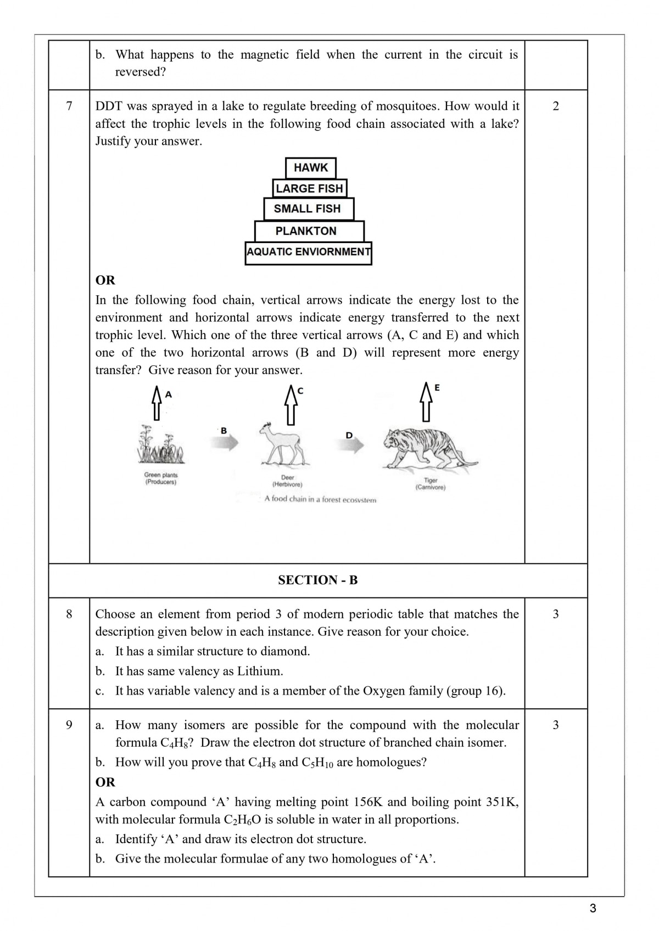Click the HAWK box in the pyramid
[310, 168]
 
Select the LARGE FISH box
[309, 188]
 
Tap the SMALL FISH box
[307, 209]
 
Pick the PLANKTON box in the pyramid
[306, 231]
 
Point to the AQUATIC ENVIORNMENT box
[308, 252]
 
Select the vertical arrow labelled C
[291, 404]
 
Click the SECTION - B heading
[317, 580]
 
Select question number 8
[69, 614]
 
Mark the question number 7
[69, 106]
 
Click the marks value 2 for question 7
[556, 106]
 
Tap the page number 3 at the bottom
[593, 908]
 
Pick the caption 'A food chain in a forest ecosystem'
[320, 499]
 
